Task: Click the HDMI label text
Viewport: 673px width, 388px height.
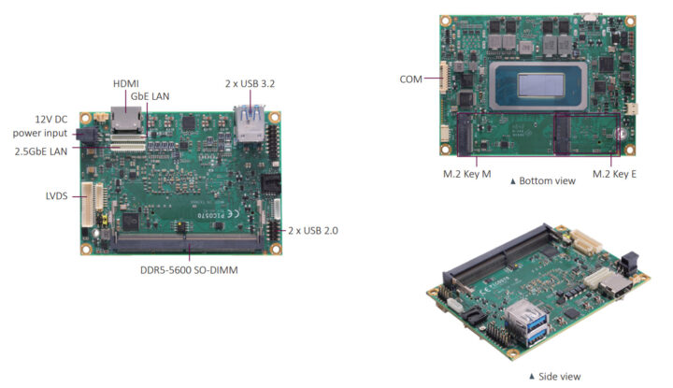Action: coord(126,84)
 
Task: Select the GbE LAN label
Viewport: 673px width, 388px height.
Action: coord(150,96)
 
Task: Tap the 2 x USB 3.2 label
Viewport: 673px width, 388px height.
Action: coord(250,84)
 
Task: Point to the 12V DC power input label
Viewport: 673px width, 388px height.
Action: coord(40,126)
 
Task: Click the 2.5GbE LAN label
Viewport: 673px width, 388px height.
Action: coord(41,151)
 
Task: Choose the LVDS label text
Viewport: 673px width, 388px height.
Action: coord(57,196)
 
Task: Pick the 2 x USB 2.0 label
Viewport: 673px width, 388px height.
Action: coord(313,231)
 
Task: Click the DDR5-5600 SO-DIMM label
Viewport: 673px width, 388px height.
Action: coord(189,270)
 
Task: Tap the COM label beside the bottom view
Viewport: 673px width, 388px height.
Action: coord(410,79)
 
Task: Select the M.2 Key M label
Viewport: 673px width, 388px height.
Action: coord(467,174)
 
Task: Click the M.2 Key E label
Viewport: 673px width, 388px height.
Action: coord(614,174)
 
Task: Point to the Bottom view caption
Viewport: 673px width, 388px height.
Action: coord(543,181)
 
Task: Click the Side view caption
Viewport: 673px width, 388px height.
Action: coord(555,377)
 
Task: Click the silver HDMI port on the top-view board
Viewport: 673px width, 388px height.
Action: coord(126,120)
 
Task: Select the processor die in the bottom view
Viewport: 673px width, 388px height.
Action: coord(541,85)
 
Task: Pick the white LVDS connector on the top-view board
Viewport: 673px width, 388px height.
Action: coord(88,205)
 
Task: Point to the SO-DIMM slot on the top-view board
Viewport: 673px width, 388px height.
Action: coord(187,243)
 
